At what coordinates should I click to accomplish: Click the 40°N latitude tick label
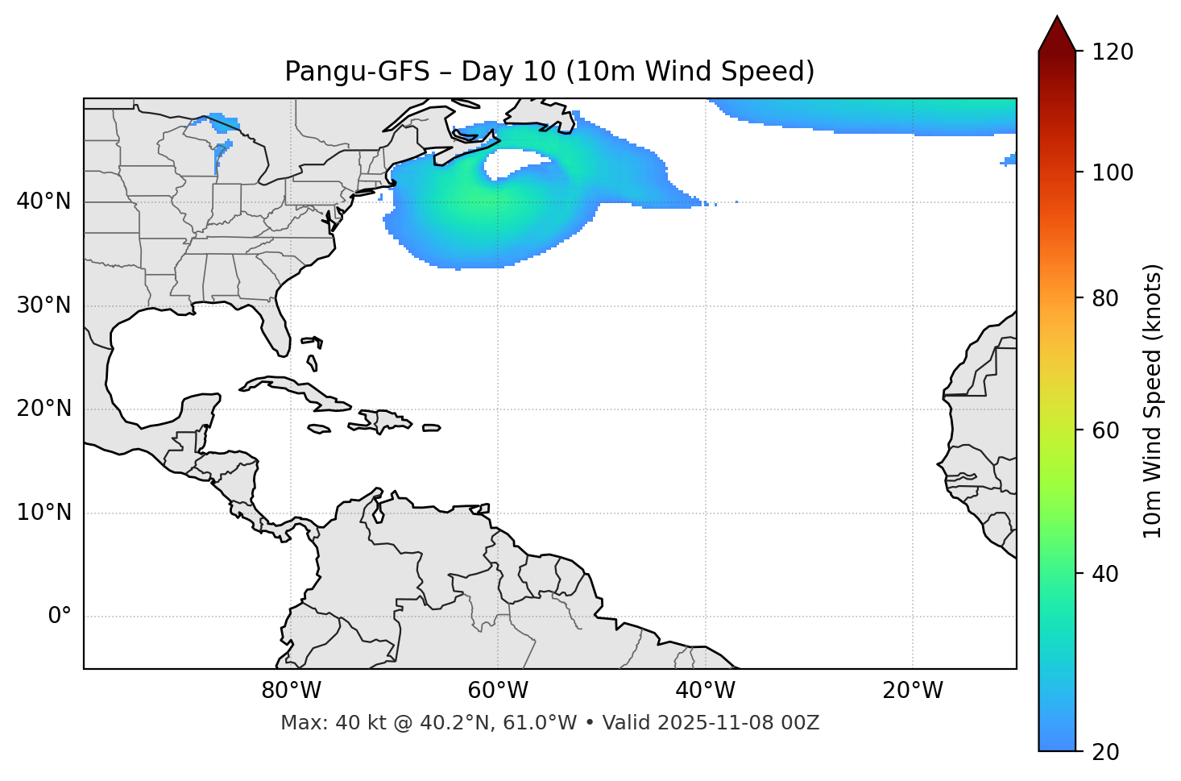(x=44, y=201)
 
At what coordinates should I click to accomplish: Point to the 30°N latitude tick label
(x=44, y=305)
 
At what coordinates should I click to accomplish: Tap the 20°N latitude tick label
(x=44, y=409)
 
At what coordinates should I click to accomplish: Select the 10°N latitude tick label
(x=44, y=513)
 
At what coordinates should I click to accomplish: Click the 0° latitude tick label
(x=60, y=617)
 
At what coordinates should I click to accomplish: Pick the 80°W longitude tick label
(x=291, y=691)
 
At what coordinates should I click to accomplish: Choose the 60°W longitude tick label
(x=498, y=691)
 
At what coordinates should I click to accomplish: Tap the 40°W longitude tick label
(x=705, y=691)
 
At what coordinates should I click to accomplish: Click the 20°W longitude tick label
(x=912, y=691)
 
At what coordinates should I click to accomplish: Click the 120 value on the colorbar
(x=1113, y=52)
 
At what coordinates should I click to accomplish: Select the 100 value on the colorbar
(x=1113, y=172)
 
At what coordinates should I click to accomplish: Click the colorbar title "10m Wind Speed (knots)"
(x=1153, y=401)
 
